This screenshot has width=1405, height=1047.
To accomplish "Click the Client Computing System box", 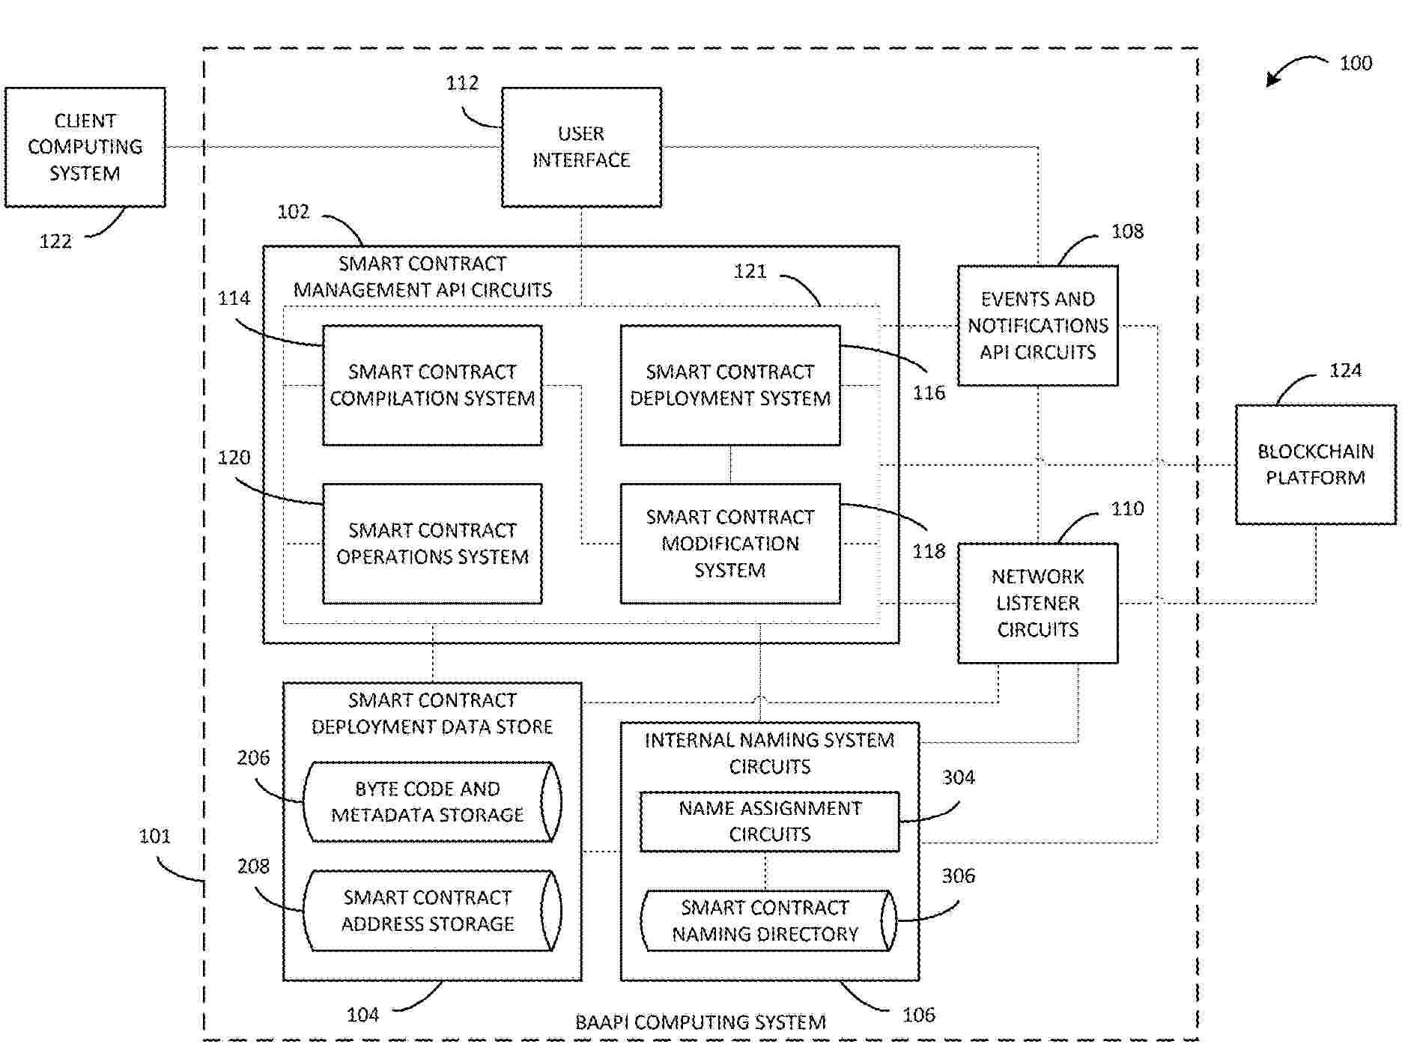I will pos(85,147).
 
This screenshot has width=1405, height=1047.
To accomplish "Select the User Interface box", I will pos(581,147).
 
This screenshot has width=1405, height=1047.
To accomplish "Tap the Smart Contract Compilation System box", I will pos(432,385).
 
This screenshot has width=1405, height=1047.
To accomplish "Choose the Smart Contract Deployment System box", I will pos(730,385).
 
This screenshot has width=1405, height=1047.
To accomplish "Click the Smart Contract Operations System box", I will pos(432,544).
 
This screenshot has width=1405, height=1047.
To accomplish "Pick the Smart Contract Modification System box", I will pos(730,544).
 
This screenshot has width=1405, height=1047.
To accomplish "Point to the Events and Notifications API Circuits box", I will pos(1038,326).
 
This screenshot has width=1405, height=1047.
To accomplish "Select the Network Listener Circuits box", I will pos(1038,603).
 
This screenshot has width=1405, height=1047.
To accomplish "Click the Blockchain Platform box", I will pos(1316,464).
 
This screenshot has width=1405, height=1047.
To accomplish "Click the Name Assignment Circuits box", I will pos(769,822).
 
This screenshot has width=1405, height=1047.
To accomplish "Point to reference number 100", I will pos(1356,63).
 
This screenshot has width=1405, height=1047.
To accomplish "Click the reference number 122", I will pos(55,241).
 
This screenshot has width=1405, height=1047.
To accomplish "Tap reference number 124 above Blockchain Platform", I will pos(1345,371).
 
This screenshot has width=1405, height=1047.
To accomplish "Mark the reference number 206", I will pos(253,758).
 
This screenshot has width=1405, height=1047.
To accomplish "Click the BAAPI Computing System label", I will pos(700,1022).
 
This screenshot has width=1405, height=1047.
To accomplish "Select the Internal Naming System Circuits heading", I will pos(769,753).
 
